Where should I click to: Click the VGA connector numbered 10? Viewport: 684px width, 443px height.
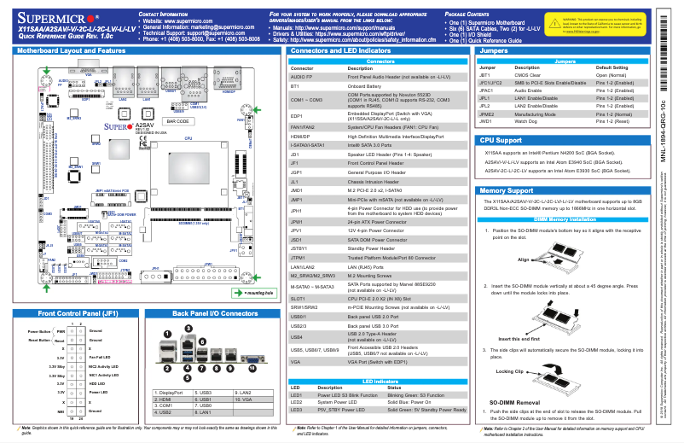tap(228, 371)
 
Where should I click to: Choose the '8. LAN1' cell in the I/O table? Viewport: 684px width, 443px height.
tap(204, 411)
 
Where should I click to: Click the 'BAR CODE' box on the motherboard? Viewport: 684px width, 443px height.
tap(177, 122)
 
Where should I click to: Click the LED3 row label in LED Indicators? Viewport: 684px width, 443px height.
tap(297, 410)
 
